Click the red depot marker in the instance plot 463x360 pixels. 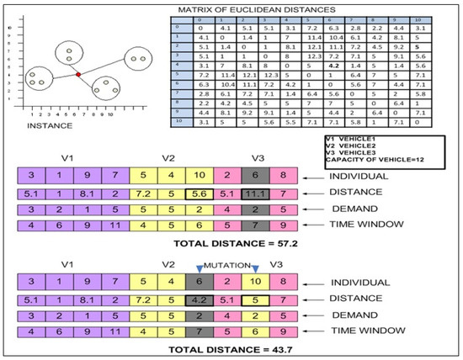pos(77,75)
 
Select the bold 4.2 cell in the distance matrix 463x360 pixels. pos(335,64)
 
